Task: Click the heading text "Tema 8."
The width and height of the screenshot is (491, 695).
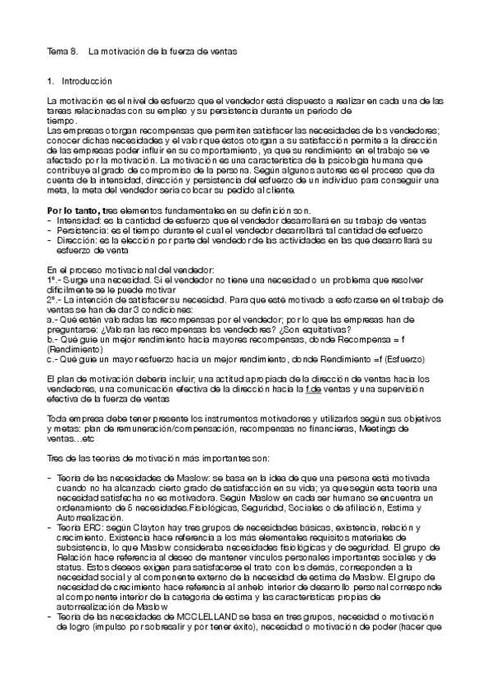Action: click(62, 52)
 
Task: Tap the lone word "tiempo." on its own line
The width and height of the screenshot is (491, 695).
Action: click(61, 120)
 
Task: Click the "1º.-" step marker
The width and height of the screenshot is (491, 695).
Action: click(54, 280)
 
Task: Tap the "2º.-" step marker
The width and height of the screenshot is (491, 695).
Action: click(54, 300)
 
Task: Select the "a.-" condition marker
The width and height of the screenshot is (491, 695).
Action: click(52, 320)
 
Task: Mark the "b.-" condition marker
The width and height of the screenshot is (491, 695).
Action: click(52, 339)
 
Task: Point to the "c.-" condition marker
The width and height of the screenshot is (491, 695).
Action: click(52, 359)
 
